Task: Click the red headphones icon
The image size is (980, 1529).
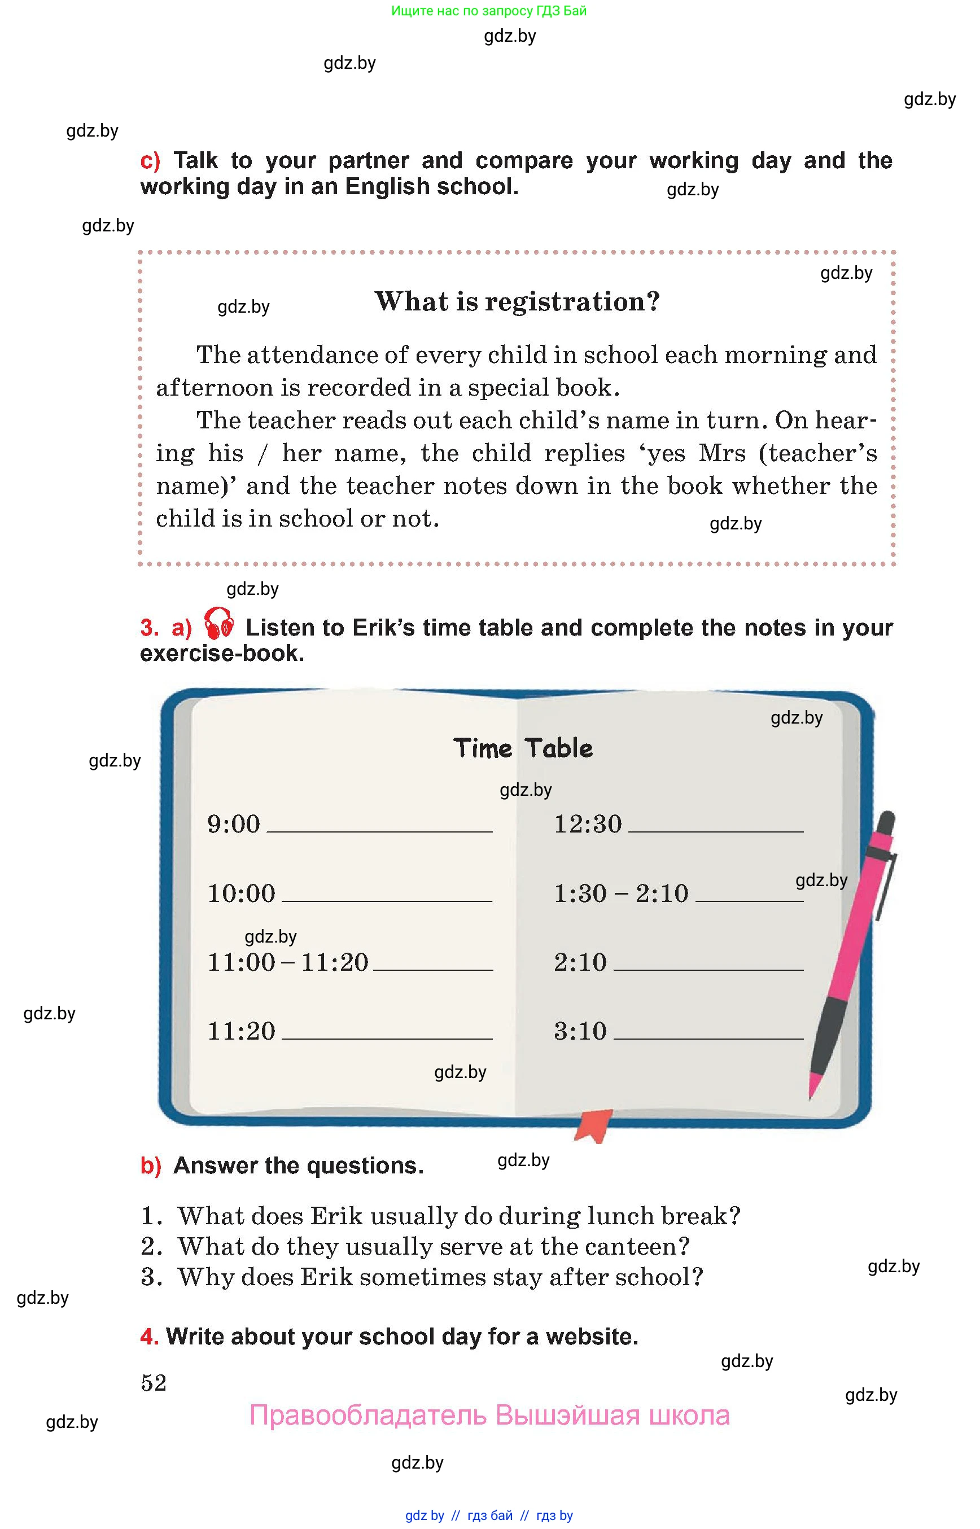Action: [x=219, y=624]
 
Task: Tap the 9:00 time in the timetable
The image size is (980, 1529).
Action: [x=234, y=824]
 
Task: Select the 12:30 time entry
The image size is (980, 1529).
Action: [x=587, y=824]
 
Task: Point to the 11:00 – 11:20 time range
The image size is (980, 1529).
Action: [x=288, y=962]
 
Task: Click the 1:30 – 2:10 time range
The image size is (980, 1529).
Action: [x=620, y=893]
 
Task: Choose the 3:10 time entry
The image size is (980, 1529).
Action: [x=580, y=1031]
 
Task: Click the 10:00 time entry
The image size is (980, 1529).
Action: [x=241, y=893]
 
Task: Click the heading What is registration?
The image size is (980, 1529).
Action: [x=517, y=301]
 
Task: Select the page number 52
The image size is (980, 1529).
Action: [x=154, y=1382]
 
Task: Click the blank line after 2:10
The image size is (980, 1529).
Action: [x=708, y=969]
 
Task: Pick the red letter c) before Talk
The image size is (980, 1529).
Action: [x=150, y=160]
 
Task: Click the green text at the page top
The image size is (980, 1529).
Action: [x=489, y=11]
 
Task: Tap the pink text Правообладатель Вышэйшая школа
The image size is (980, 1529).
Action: [x=489, y=1415]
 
